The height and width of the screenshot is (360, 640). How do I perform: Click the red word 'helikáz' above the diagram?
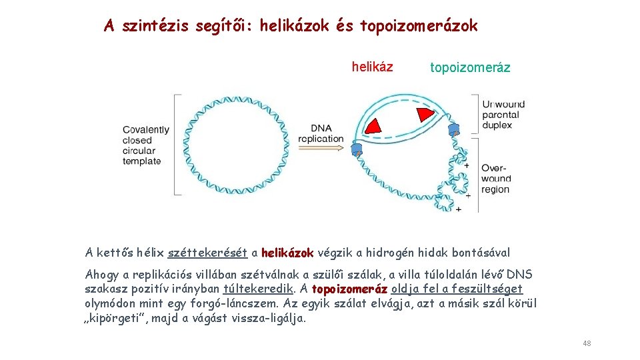(372, 67)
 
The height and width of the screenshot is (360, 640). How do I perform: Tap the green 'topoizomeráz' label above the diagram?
(470, 67)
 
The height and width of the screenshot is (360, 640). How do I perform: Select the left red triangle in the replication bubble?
(374, 125)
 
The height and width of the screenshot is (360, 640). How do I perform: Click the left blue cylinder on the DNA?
(357, 149)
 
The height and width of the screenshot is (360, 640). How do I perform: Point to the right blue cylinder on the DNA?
(453, 128)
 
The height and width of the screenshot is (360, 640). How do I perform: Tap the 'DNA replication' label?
(321, 133)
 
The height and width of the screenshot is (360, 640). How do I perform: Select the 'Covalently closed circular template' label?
(145, 145)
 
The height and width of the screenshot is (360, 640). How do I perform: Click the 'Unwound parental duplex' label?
(503, 115)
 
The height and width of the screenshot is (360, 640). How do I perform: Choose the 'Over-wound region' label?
(496, 179)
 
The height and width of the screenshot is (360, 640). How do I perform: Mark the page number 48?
(587, 343)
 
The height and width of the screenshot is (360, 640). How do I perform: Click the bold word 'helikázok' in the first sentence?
(287, 253)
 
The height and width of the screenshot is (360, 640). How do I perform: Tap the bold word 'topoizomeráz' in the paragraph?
(349, 289)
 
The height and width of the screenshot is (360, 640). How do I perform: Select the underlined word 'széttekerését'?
(208, 253)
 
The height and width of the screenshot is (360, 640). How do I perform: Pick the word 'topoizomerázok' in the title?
(419, 26)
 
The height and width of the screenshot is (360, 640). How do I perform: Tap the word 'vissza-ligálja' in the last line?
(267, 318)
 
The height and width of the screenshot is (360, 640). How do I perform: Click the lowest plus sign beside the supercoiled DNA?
(458, 209)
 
